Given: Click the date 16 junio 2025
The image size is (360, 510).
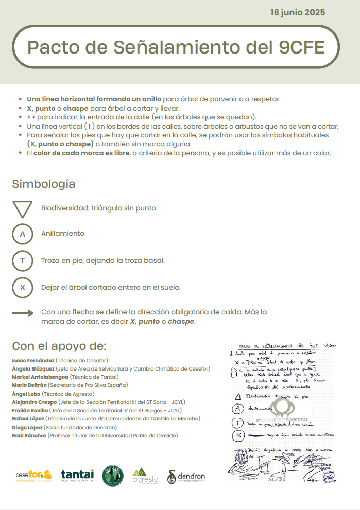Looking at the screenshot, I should coord(297,12).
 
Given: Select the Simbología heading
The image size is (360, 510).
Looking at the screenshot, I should coord(44,184).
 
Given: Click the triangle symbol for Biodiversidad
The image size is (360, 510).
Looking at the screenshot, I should coord(22,209).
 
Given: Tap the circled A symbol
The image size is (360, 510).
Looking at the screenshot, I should coord(22,234).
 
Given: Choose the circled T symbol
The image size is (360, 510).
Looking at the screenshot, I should coord(22,260).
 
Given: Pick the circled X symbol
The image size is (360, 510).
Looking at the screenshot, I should coord(22,287).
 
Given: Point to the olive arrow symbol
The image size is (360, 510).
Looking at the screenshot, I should coord(23,313).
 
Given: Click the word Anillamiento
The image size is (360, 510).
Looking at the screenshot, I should coord(63,234).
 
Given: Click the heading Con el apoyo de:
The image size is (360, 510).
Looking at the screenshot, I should coord(59,345).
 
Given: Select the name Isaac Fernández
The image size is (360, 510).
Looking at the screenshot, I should coord(33,360).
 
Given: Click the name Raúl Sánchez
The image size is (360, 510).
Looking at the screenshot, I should coord(29,435).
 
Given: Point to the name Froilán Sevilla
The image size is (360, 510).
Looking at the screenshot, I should coord(30,410).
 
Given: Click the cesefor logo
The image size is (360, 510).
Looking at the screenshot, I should coord(33,475).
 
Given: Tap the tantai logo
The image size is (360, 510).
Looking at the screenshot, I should coord(77,476).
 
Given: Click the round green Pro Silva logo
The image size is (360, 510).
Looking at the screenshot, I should coord(112,476).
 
